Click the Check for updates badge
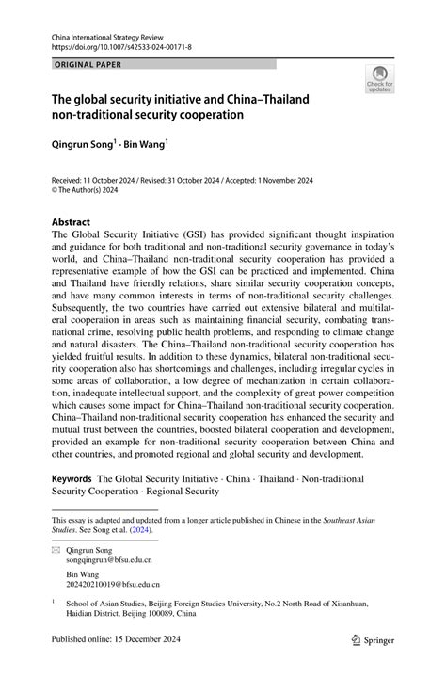coord(379,80)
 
